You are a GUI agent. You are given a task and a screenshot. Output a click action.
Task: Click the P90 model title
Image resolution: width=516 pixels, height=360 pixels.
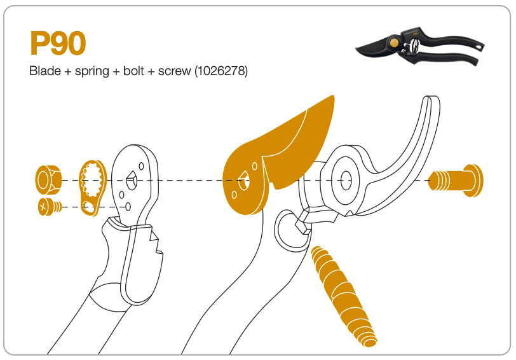click(x=57, y=43)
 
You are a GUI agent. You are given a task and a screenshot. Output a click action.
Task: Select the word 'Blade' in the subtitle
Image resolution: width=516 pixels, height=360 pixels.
click(x=43, y=71)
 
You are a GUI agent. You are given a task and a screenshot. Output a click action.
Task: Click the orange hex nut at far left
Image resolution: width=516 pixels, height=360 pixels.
click(x=47, y=180)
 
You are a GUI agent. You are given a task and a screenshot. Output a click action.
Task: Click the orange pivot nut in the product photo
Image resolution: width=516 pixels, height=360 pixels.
click(x=395, y=44)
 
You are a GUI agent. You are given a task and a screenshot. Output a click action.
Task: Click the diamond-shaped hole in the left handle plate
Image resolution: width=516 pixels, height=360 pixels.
click(x=132, y=181)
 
